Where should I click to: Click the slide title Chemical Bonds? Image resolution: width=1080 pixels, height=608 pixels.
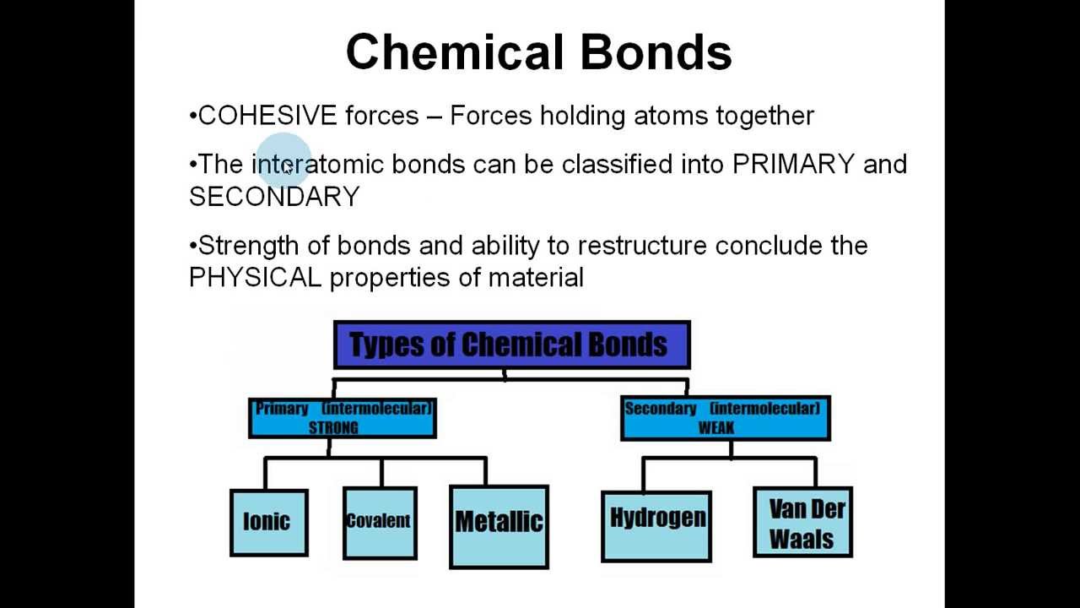coord(538,52)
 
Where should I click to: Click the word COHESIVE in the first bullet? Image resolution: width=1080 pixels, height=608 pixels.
coord(267,116)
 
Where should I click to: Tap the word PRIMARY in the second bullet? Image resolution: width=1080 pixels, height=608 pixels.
coord(793,164)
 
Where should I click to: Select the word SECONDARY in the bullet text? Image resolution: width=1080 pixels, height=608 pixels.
coord(275,197)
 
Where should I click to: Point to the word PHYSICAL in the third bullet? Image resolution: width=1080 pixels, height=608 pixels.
coord(255,277)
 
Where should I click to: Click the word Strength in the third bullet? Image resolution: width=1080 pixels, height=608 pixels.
coord(248,246)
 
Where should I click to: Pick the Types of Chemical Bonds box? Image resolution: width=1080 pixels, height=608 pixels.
coord(511,345)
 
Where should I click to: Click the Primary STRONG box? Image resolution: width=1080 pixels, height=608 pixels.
coord(343,418)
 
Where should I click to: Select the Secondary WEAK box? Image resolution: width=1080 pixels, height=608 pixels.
coord(725,418)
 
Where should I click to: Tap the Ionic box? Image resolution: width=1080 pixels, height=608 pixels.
coord(268,522)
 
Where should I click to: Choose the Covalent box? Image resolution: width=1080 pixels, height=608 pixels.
coord(380,522)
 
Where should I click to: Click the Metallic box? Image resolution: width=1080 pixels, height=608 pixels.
coord(499,524)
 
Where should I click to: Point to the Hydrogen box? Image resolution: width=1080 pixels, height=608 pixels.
coord(656,524)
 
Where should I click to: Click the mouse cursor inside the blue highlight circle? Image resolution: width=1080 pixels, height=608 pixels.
coord(287,169)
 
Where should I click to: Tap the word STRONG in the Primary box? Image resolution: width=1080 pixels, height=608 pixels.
coord(333,427)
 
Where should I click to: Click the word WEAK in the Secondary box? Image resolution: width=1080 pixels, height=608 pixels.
coord(716,427)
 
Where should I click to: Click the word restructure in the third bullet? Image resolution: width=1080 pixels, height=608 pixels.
coord(641,246)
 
